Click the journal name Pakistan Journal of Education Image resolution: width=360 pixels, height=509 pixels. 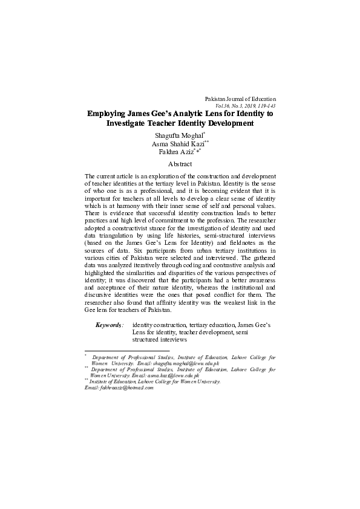[240, 99]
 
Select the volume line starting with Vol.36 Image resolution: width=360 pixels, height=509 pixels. [241, 105]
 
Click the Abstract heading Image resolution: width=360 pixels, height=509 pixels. [180, 164]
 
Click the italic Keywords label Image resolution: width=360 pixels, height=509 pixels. [110, 325]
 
